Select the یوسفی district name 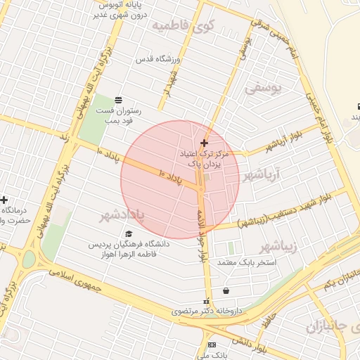point(262,89)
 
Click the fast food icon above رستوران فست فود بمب point(118,99)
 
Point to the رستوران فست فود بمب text point(118,115)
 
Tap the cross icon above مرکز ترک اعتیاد point(204,143)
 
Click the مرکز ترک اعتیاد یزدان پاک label point(204,157)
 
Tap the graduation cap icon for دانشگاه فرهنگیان point(128,233)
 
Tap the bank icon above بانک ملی point(212,345)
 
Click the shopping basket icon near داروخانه point(226,291)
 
